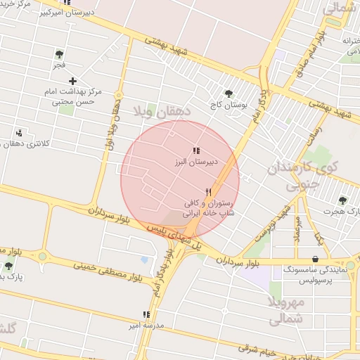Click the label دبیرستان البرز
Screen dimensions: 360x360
coord(197,162)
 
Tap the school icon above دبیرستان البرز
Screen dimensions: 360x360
coord(196,150)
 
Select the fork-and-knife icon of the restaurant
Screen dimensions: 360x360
coord(209,191)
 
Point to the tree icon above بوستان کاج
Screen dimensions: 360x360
coord(229,94)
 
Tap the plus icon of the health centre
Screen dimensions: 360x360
coord(72,82)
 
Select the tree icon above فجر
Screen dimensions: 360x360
coord(59,53)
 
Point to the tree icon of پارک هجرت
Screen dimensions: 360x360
coord(342,200)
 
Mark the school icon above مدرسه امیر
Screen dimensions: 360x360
coord(146,315)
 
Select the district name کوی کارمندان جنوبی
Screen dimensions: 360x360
coord(307,175)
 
